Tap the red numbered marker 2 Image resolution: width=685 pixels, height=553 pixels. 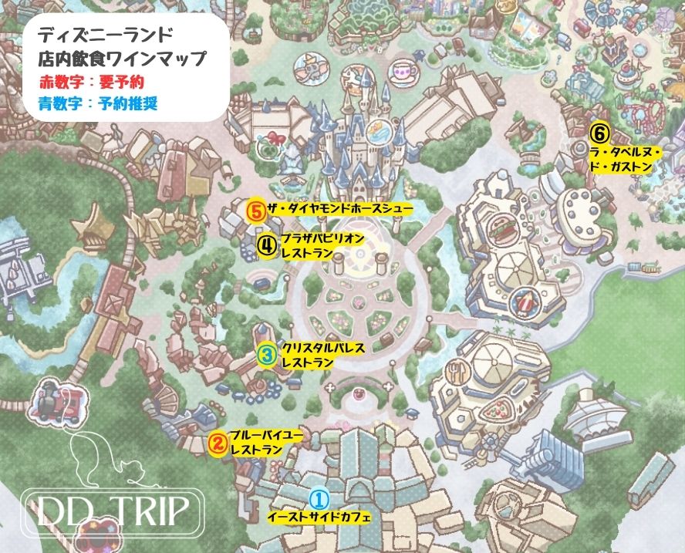pyautogui.click(x=218, y=443)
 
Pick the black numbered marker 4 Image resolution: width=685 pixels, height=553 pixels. pyautogui.click(x=266, y=245)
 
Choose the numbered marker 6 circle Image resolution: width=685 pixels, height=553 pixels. pyautogui.click(x=599, y=132)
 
